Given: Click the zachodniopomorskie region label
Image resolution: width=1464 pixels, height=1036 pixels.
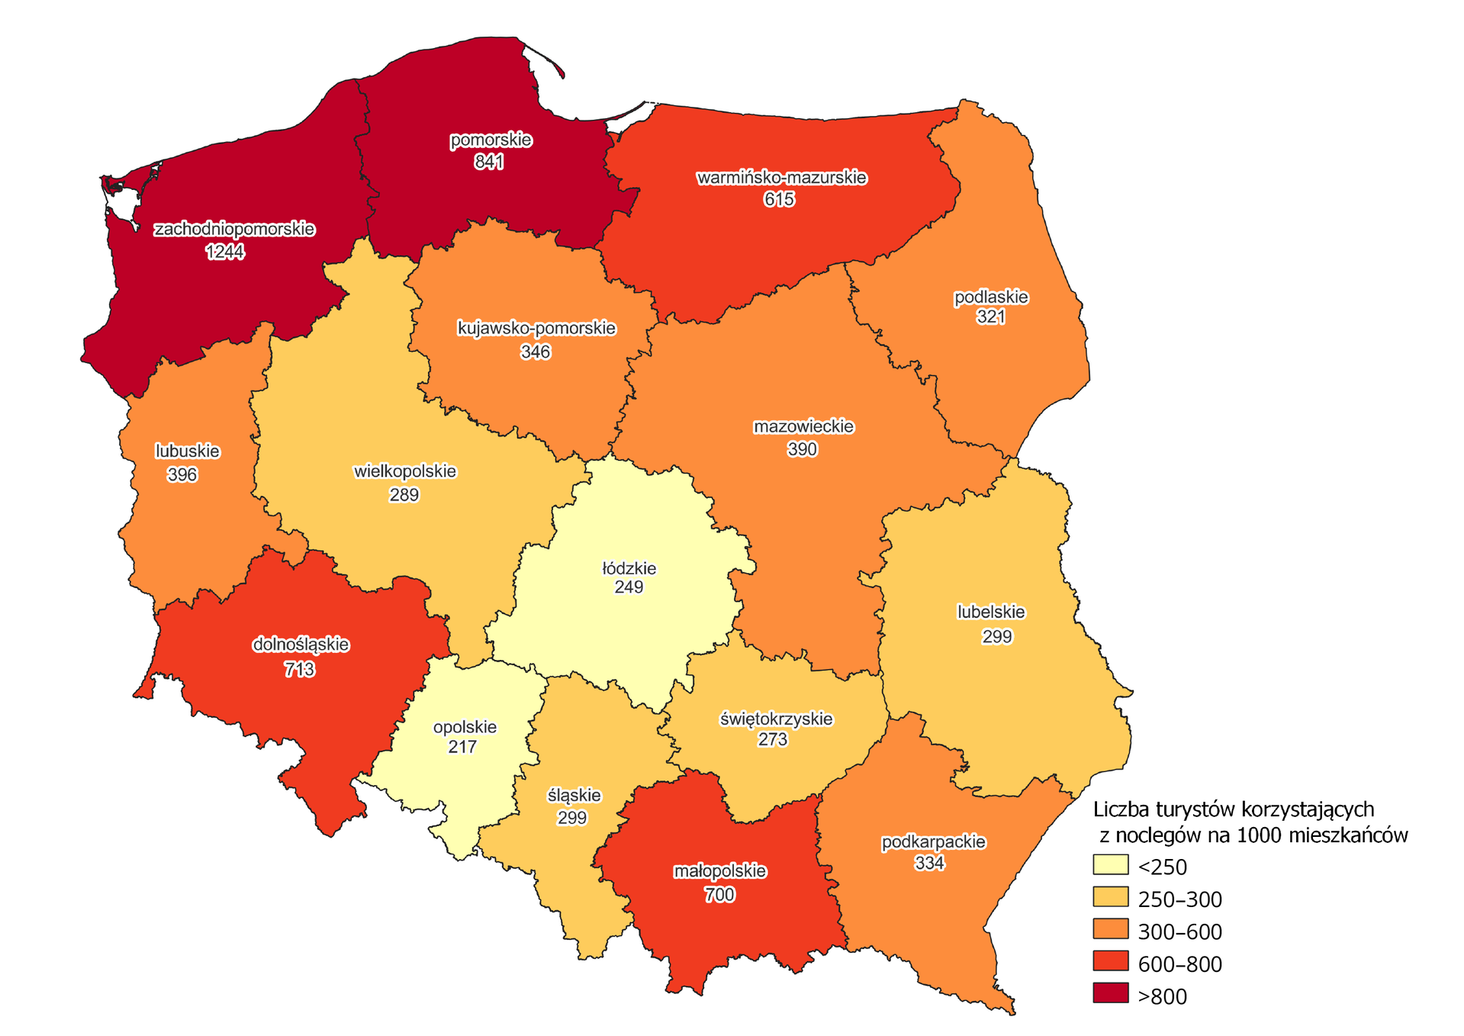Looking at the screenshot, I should [x=234, y=229].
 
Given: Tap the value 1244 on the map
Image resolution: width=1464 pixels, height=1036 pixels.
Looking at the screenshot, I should [x=225, y=252].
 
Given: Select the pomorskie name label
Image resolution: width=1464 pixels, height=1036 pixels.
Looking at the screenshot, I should [x=491, y=140].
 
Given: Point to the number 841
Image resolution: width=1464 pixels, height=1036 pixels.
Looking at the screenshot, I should [x=488, y=162].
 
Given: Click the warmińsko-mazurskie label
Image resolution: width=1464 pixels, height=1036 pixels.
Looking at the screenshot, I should [x=781, y=178].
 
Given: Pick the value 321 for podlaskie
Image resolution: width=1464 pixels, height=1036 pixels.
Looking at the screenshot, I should [x=990, y=317].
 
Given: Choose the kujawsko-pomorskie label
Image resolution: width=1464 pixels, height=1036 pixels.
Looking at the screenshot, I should [x=536, y=329].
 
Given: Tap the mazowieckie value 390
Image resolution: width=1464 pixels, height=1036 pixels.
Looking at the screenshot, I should [x=802, y=449].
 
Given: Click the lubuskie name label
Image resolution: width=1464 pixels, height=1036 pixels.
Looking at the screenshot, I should [x=188, y=451].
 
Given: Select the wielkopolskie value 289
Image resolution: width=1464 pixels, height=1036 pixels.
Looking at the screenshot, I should [x=404, y=495].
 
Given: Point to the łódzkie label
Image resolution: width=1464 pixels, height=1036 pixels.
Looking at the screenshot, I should [x=629, y=568].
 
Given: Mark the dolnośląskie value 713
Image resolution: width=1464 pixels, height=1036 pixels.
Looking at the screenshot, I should [x=299, y=670].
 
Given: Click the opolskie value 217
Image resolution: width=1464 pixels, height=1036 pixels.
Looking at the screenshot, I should [x=462, y=747].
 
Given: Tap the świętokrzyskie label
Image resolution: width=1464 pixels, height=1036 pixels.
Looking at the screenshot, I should [x=777, y=719].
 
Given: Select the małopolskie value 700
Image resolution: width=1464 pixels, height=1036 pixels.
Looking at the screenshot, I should [x=719, y=895].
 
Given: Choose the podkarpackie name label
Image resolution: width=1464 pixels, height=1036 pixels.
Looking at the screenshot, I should [x=933, y=842].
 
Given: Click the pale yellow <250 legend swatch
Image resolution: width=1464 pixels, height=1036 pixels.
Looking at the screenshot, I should [x=1110, y=864].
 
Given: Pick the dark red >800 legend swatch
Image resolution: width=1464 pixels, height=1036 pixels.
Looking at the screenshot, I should [x=1110, y=994].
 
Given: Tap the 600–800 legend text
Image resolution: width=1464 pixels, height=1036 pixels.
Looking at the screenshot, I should [x=1179, y=964].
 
